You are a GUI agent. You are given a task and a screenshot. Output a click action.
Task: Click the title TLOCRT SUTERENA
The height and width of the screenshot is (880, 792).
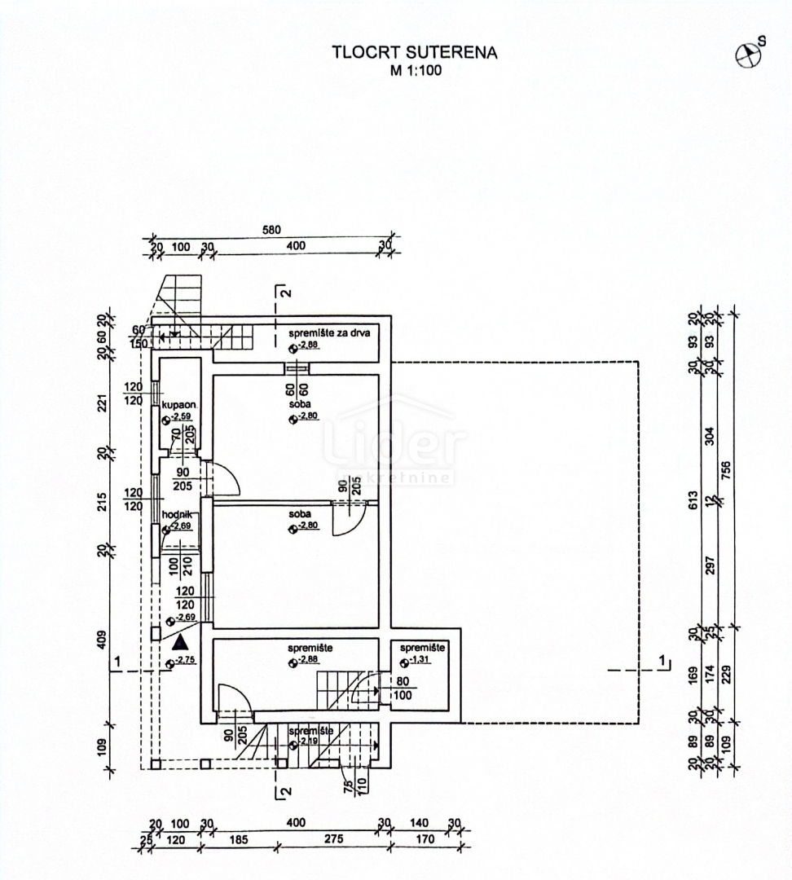tap(414, 53)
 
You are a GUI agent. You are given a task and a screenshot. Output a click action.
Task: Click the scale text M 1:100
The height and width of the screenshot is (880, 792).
tap(414, 70)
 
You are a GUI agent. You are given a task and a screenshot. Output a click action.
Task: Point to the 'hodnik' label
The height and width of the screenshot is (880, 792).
tap(177, 515)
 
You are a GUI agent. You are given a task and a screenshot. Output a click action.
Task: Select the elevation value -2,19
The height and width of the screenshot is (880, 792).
tap(307, 743)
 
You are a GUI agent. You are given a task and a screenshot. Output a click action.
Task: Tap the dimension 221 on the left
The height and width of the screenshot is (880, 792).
tap(103, 403)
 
